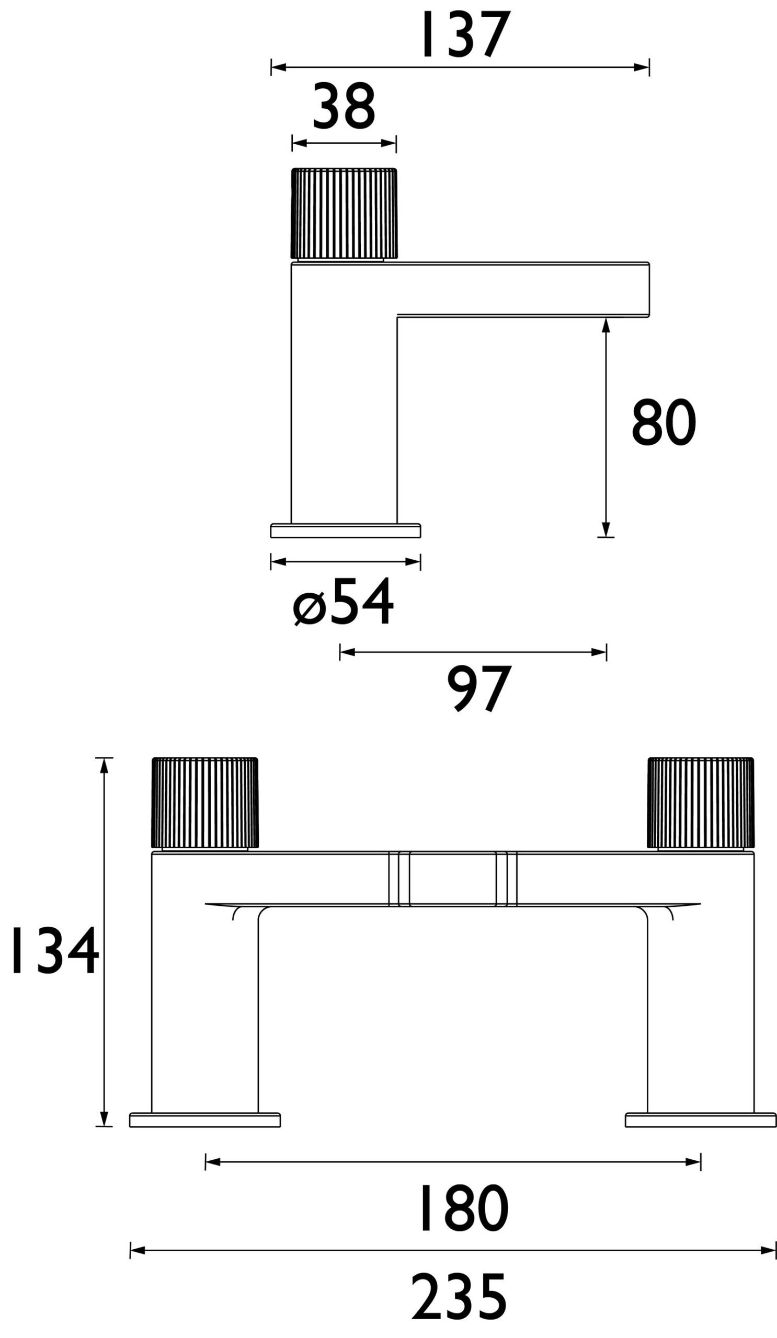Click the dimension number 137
coord(466,35)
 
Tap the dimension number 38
coord(344,107)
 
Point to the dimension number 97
coord(478,689)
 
